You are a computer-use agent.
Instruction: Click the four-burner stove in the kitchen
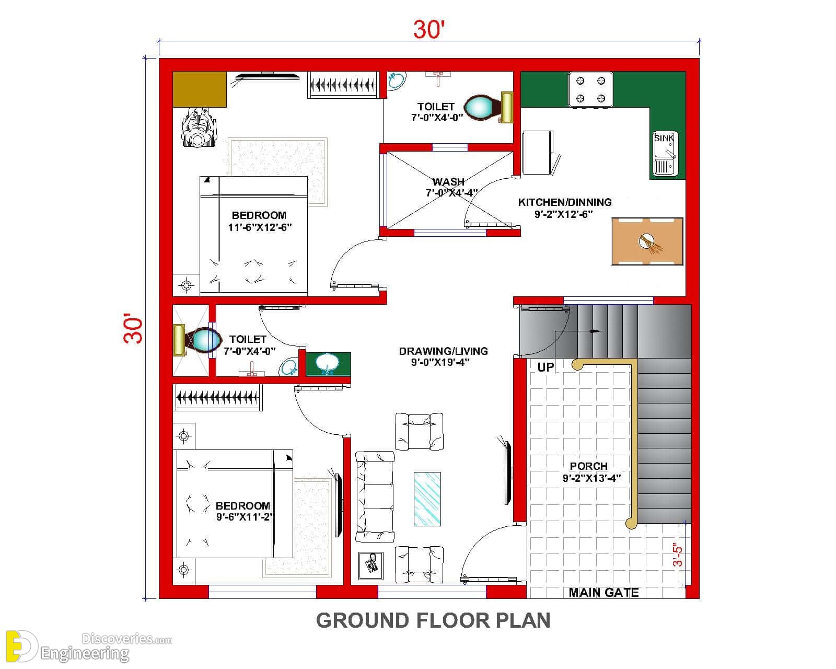coord(590,89)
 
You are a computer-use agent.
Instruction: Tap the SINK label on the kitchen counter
coord(664,138)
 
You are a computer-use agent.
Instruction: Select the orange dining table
coord(647,242)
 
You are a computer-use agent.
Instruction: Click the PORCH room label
coord(588,466)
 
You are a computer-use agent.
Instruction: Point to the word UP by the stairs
coord(546,367)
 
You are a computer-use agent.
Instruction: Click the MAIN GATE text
coord(603,592)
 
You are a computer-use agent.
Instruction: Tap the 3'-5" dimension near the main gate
coord(678,555)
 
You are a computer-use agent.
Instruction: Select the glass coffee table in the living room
coord(427,499)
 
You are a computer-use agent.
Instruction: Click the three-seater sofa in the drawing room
coord(375,497)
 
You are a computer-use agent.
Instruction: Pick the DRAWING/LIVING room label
coord(443,351)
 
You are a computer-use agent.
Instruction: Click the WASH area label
coord(448,181)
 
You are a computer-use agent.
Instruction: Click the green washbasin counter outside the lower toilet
coord(328,364)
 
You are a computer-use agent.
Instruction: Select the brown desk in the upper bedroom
coord(199,89)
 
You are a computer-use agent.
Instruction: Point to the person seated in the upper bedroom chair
coord(199,128)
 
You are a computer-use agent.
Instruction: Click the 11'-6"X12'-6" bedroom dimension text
coord(260,227)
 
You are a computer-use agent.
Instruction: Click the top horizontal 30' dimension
coord(429,30)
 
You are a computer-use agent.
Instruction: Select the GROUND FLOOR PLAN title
coord(433,620)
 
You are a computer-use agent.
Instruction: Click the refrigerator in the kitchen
coord(538,153)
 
